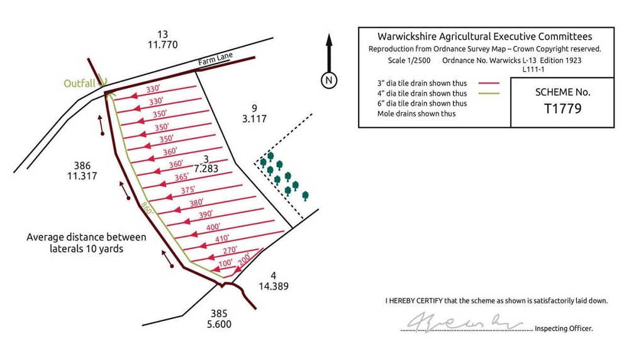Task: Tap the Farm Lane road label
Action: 216,60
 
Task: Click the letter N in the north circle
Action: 328,80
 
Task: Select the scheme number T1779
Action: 562,108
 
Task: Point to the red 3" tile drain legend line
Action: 488,83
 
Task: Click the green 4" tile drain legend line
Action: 488,93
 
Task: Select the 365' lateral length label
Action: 182,177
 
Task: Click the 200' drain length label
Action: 245,257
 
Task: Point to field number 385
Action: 218,313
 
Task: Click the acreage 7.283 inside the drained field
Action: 206,169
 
